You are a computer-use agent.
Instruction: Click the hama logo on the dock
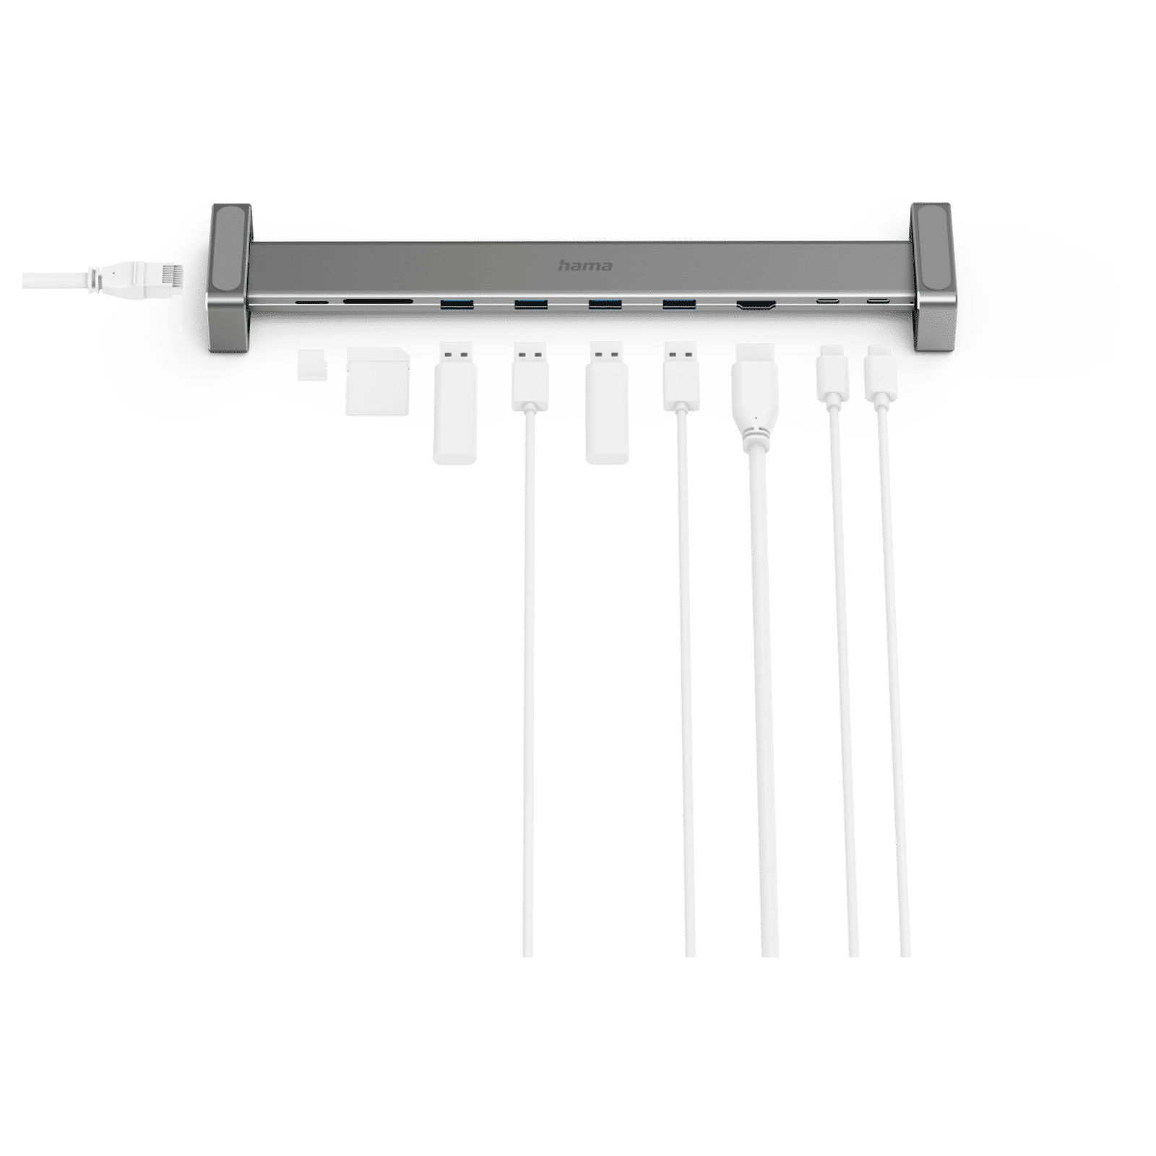tap(585, 265)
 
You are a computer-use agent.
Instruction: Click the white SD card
tap(378, 381)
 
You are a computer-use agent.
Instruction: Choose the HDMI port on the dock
tap(756, 306)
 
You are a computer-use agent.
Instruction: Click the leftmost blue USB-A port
tap(457, 303)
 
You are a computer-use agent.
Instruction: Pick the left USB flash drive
tap(454, 402)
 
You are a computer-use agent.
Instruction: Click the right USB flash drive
tap(606, 402)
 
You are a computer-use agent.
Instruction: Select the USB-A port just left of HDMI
tap(679, 303)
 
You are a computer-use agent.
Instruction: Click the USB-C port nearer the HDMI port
tap(828, 301)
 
